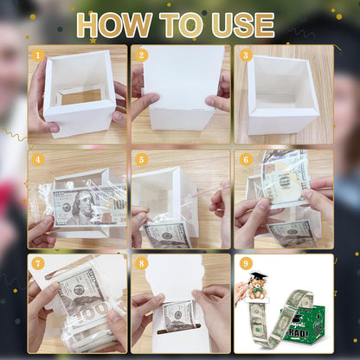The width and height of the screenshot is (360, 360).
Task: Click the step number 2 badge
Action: coord(142,55)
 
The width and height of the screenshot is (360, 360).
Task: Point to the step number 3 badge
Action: coord(245,55)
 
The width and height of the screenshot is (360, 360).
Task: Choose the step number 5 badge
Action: coord(142,159)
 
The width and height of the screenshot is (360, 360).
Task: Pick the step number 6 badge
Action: coord(245,159)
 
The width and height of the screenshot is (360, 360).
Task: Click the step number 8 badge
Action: coord(142,263)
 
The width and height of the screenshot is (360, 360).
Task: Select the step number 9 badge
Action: coord(245,263)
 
